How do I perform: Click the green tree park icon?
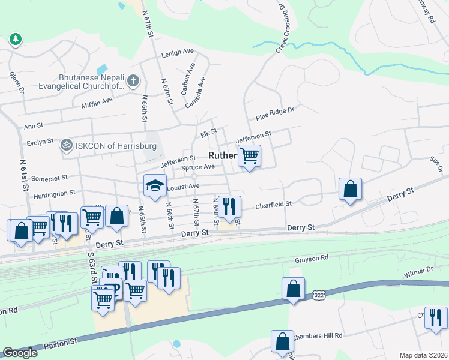(x=15, y=40)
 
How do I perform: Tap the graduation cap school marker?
(x=155, y=185)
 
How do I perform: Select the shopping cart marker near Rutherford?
(x=249, y=156)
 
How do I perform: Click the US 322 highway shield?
(x=319, y=295)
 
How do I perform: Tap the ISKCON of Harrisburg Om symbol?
(x=65, y=145)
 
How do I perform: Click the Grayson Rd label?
(x=312, y=260)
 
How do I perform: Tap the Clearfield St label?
(x=273, y=205)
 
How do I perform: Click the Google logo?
(x=20, y=353)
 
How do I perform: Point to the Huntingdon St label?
(x=55, y=193)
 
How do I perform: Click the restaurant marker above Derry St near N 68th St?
(x=229, y=207)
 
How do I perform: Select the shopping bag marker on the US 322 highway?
(x=293, y=289)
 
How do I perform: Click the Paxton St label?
(x=59, y=344)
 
